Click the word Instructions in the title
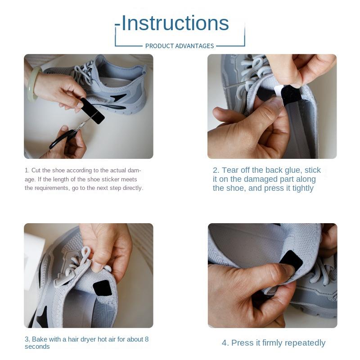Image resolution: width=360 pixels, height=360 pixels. point(175,23)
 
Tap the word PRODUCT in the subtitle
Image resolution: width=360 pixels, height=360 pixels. point(160,46)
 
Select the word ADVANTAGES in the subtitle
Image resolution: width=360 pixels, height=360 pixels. point(194,46)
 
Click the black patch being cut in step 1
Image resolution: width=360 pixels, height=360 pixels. point(93,111)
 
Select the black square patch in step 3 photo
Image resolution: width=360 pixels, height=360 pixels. point(103,288)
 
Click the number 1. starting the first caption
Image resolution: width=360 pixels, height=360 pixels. point(27,171)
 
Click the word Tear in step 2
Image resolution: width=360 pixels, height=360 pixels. point(230,170)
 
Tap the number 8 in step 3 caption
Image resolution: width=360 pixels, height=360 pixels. point(147,339)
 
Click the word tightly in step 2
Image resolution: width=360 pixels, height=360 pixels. point(303,189)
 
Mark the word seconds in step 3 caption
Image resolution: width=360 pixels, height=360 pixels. point(37,346)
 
